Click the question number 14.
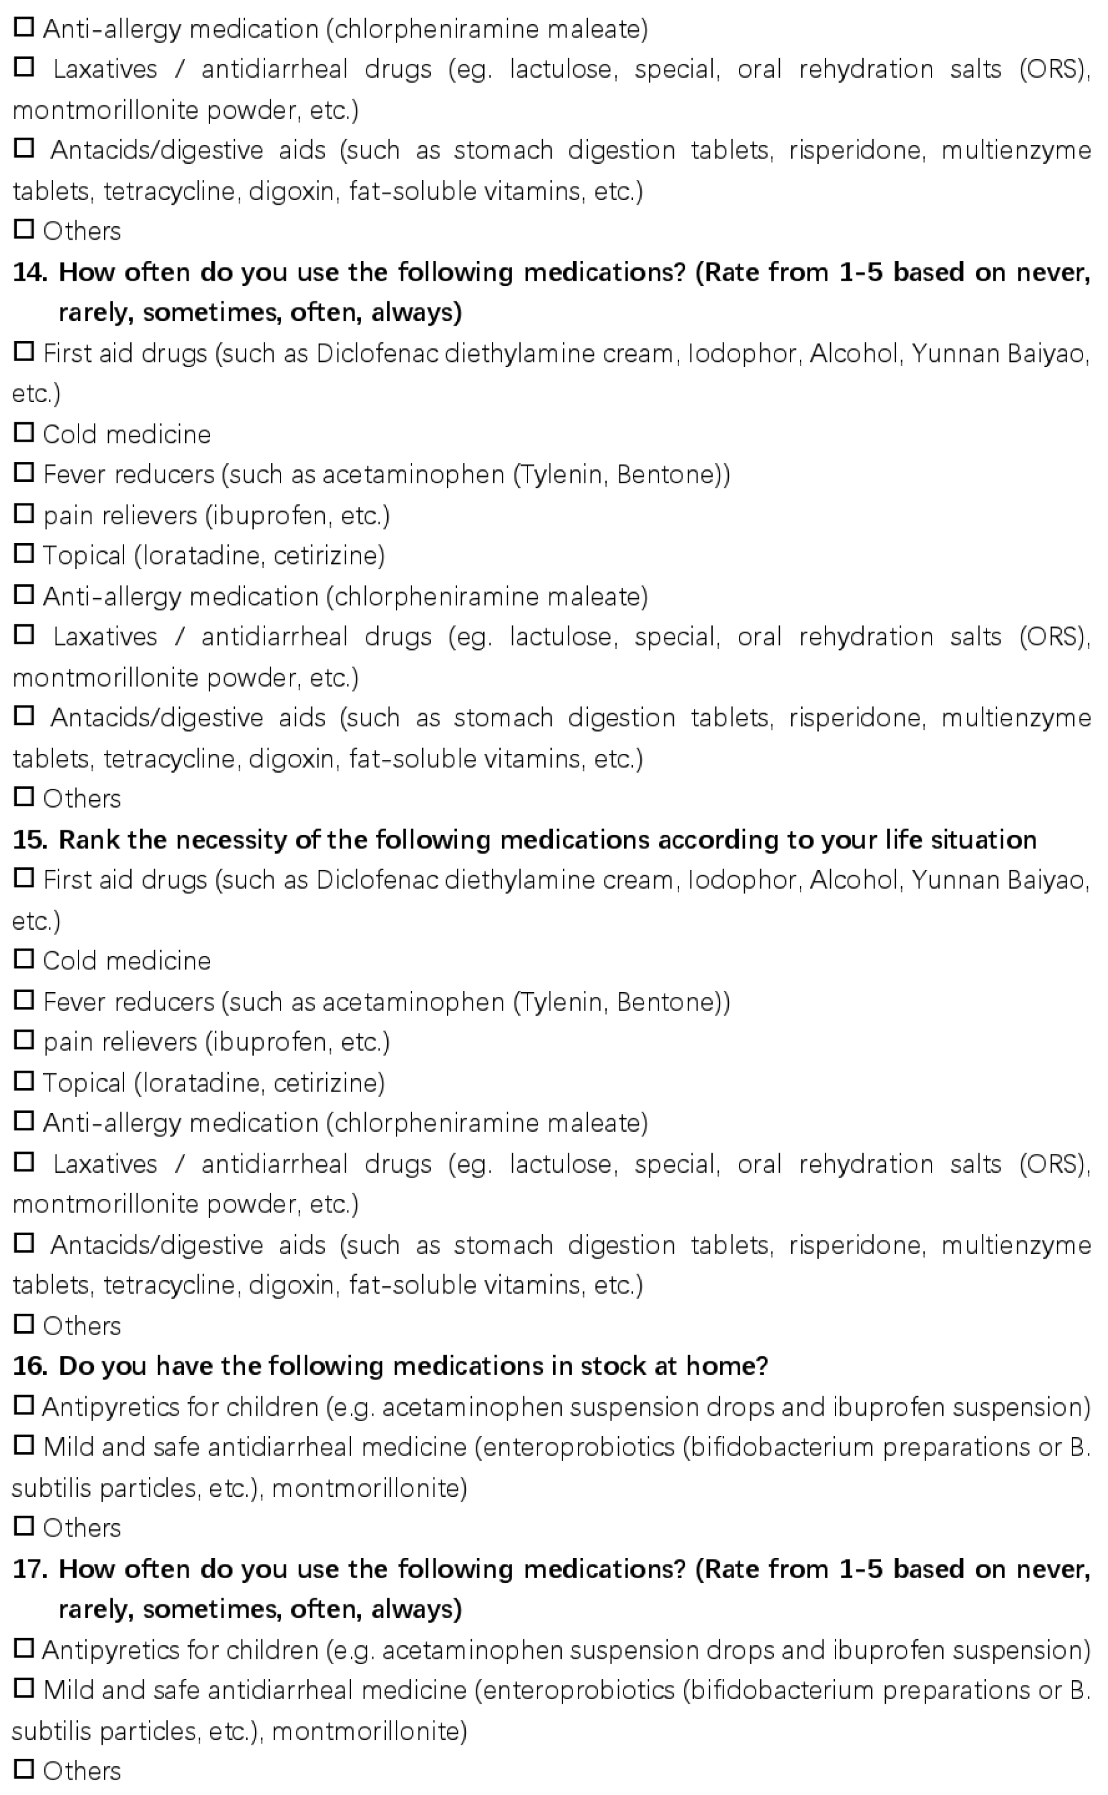coord(30,273)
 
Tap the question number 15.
coord(30,840)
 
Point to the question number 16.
coord(30,1366)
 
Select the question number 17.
coord(30,1569)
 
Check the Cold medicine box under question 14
coord(24,433)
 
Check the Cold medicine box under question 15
coord(24,959)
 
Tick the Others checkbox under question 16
coord(24,1526)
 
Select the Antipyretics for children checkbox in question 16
coord(24,1406)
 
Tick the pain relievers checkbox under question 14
coord(24,514)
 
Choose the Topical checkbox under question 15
coord(24,1081)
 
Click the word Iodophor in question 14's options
coord(742,354)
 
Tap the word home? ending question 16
coord(726,1366)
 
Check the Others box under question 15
coord(24,1324)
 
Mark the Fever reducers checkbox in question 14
coord(24,473)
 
